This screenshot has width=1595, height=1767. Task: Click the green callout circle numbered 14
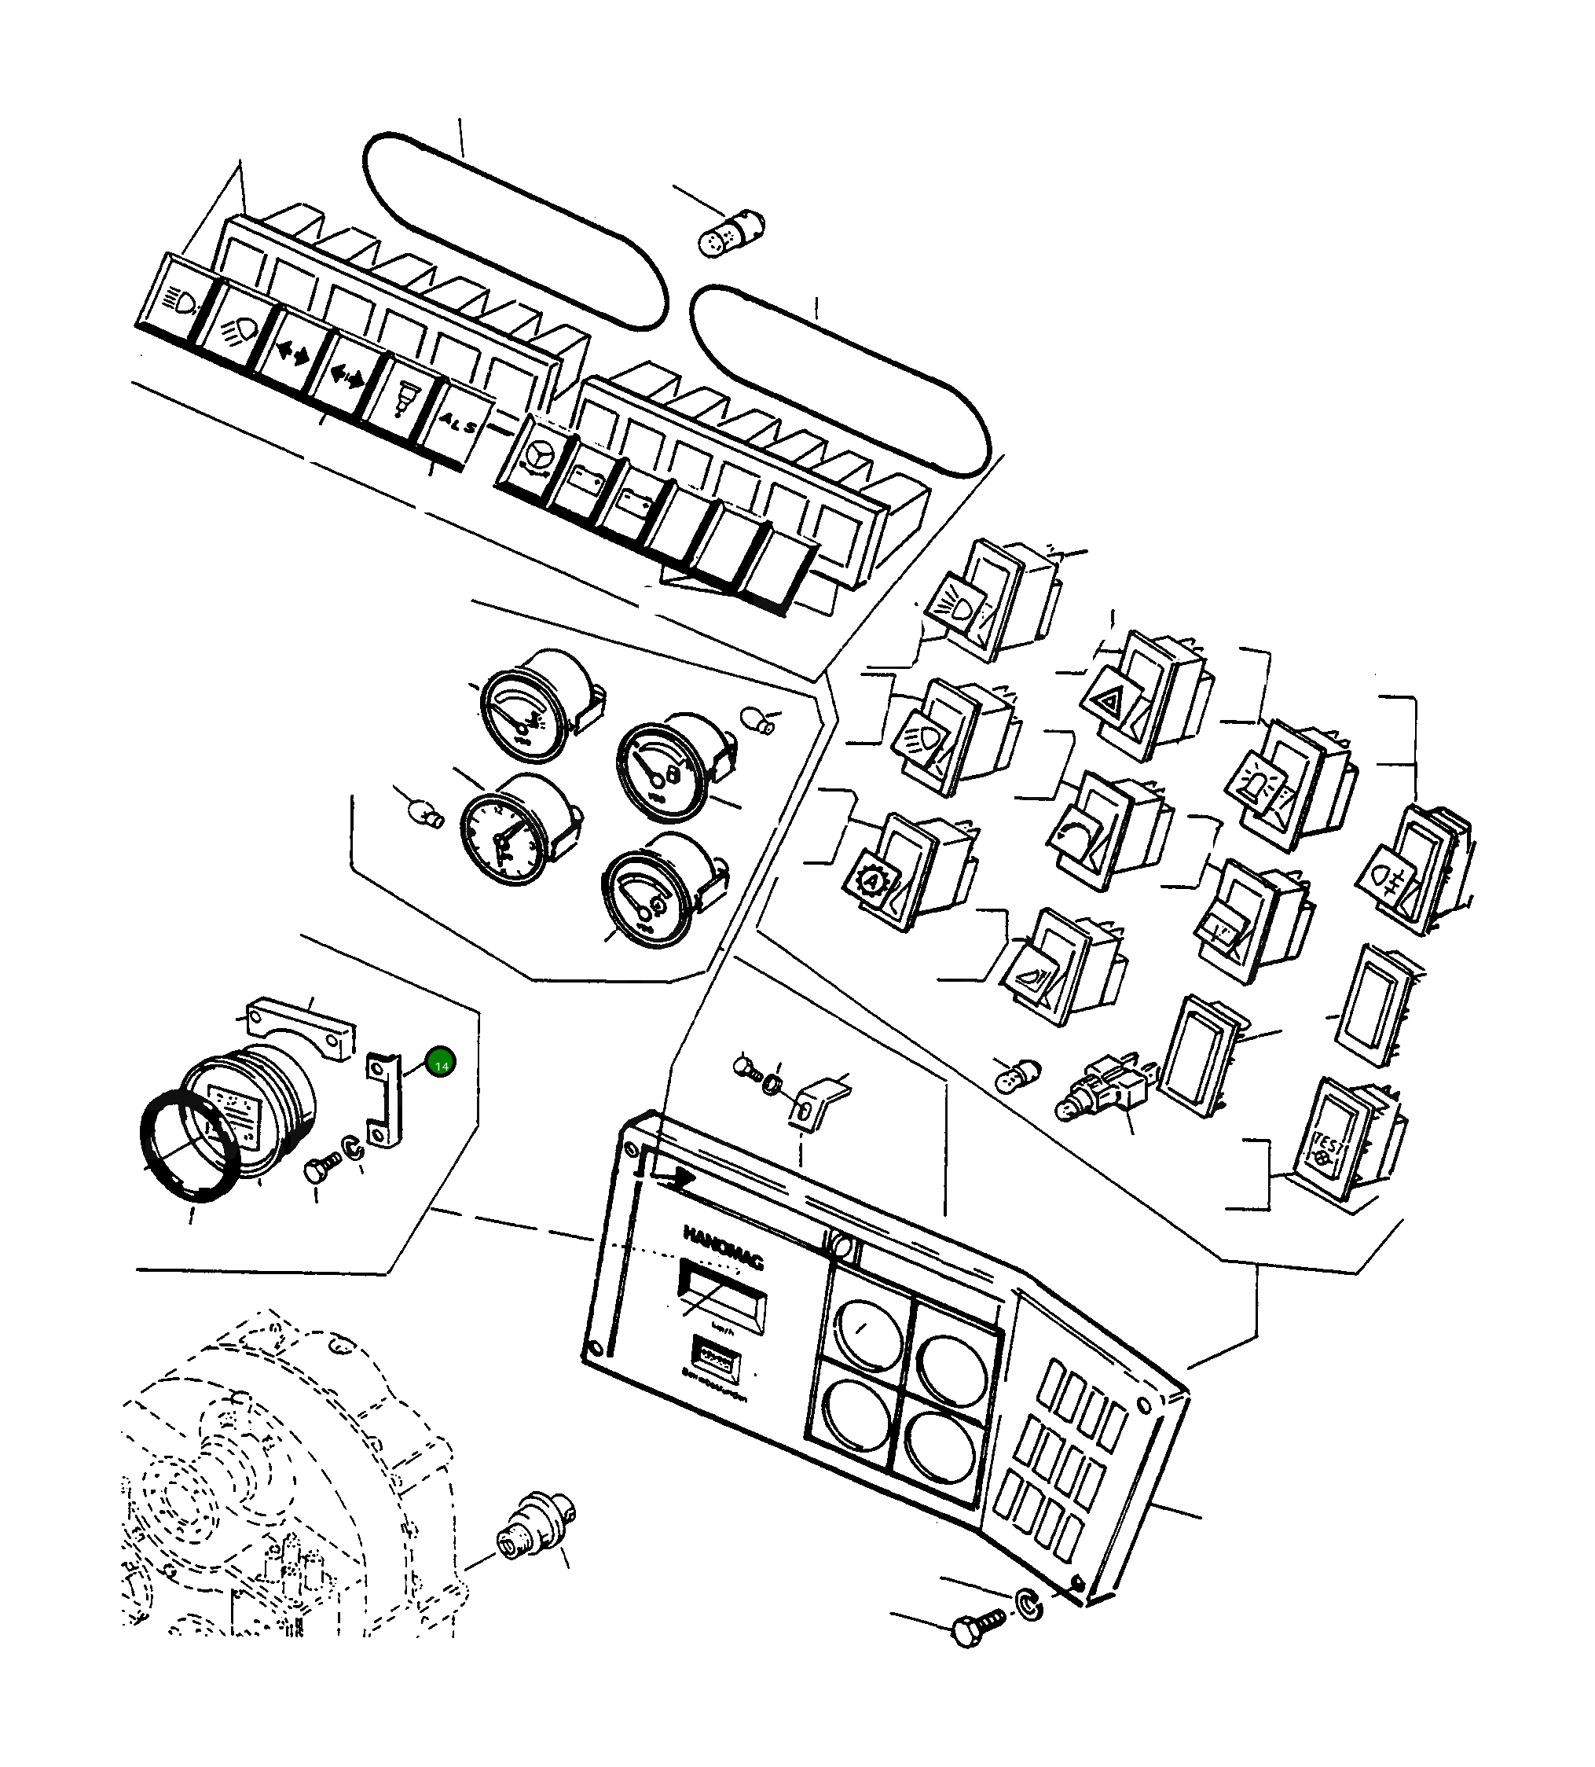pos(441,1064)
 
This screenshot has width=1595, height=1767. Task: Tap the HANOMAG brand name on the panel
pos(723,1247)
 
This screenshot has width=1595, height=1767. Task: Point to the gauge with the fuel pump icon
pos(662,769)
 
